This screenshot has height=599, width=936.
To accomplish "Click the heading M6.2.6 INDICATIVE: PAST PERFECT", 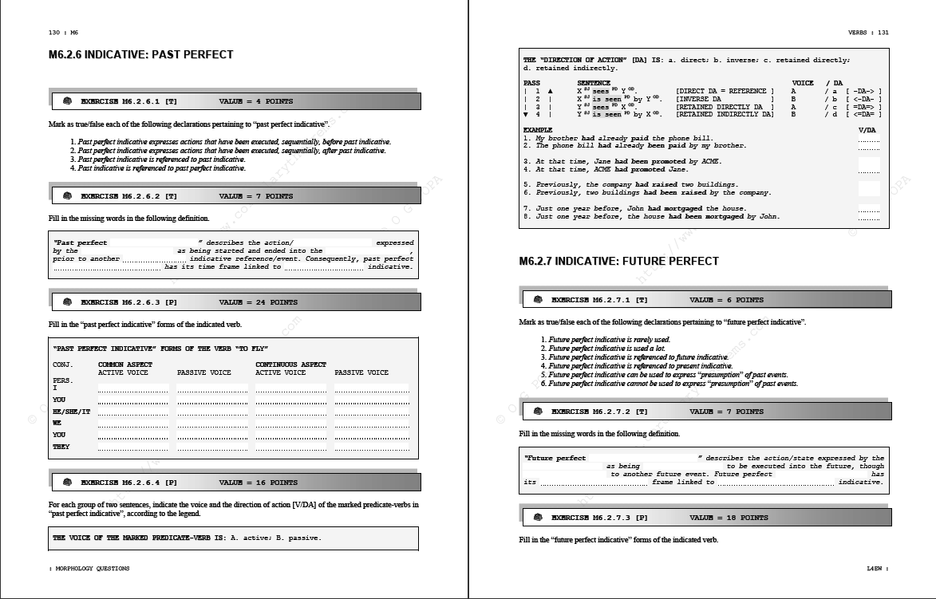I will (x=141, y=55).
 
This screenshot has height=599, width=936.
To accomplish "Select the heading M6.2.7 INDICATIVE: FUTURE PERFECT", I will (x=618, y=262).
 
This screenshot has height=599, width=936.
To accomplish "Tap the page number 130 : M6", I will (x=64, y=33).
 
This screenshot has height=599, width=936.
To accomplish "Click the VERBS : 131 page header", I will (x=868, y=33).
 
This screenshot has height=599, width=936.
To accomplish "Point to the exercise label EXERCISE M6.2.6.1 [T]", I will (x=129, y=102).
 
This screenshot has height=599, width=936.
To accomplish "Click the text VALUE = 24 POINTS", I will (x=258, y=303).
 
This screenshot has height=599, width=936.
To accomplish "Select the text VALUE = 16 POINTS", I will (x=258, y=483).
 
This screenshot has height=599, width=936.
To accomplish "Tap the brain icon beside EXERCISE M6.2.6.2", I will (x=68, y=196).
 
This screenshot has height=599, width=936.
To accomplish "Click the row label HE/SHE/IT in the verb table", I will (x=72, y=412).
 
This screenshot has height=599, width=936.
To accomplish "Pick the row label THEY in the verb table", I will (x=61, y=447).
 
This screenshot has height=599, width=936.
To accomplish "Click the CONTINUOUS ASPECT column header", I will (x=290, y=365).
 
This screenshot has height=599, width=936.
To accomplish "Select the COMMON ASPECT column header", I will (x=124, y=365).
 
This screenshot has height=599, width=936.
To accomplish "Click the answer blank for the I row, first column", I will (x=133, y=388).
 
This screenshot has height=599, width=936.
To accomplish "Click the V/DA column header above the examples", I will (x=867, y=130).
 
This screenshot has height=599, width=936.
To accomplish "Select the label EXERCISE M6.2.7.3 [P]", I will (x=599, y=518).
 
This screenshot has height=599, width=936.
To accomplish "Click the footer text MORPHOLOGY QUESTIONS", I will (x=90, y=569).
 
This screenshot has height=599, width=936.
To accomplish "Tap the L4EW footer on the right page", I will (x=877, y=569).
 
